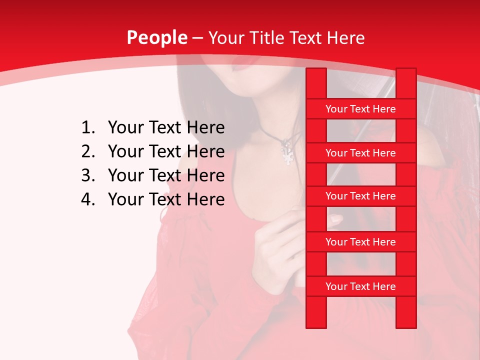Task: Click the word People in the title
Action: coord(156,38)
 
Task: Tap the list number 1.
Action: coord(87,128)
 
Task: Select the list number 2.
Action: coord(87,151)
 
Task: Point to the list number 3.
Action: coord(87,175)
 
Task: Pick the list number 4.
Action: coord(87,199)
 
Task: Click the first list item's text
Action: coord(166,128)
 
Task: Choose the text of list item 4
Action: coord(166,199)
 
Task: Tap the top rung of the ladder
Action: coord(360,109)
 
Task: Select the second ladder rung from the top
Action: coord(360,153)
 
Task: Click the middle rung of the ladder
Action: coord(360,196)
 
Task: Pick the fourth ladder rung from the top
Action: coord(360,242)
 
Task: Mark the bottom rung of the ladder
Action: coord(360,286)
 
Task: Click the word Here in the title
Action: coord(346,38)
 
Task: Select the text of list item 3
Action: coord(166,175)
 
